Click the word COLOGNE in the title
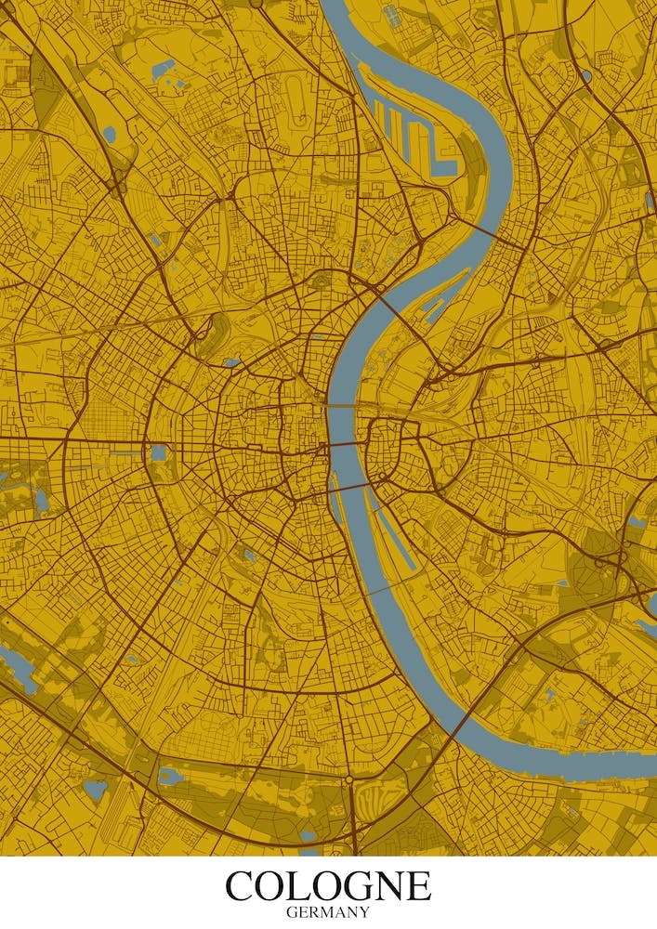[x=328, y=885]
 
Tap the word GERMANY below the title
[x=328, y=912]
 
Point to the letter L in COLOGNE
[x=300, y=885]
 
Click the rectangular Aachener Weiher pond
[x=159, y=453]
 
